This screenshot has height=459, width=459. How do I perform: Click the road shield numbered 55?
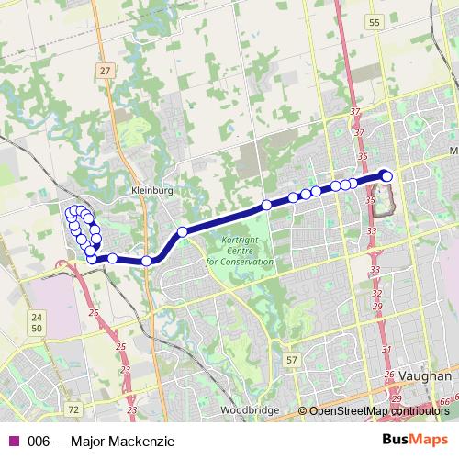[373, 21]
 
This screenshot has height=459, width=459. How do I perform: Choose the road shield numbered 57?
[292, 359]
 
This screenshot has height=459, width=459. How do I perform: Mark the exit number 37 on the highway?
[356, 112]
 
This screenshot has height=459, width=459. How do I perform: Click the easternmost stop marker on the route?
[386, 176]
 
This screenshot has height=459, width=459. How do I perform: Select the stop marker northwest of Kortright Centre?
[183, 231]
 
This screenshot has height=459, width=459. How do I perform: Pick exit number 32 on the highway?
[376, 293]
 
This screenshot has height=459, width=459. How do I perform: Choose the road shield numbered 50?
[36, 327]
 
